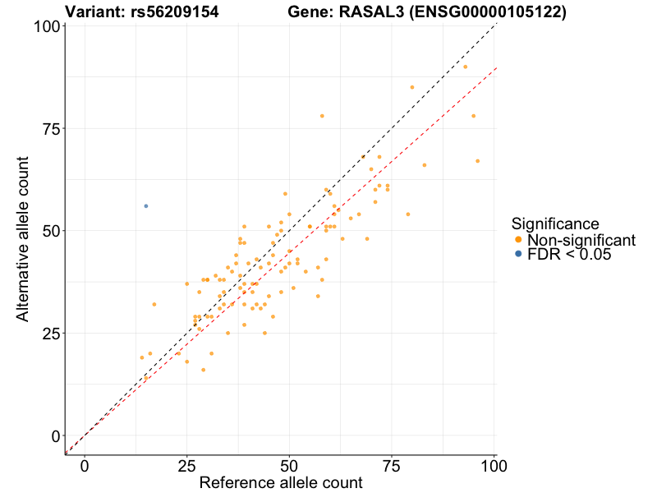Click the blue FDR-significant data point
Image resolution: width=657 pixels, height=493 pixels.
tap(146, 206)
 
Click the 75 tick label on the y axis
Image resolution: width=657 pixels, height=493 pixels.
tap(50, 128)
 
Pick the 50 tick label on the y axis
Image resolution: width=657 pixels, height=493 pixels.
tap(50, 231)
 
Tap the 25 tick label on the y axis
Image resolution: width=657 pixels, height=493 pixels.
tap(50, 333)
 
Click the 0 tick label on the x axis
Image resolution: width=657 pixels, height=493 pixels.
tap(85, 465)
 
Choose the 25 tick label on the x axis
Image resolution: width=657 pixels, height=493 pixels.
tap(186, 465)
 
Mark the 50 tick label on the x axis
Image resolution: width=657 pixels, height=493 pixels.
tap(289, 465)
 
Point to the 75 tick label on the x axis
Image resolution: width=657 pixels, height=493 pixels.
tap(391, 465)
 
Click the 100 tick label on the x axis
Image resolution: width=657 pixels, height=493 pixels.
tap(492, 465)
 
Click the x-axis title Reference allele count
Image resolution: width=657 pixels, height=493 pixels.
tap(281, 483)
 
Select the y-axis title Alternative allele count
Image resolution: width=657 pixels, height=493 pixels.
tap(23, 230)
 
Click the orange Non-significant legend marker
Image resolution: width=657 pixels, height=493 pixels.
tap(518, 240)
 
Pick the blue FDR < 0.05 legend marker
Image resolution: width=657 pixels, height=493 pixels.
tap(518, 255)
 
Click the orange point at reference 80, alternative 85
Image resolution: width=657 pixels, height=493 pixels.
tap(412, 87)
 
